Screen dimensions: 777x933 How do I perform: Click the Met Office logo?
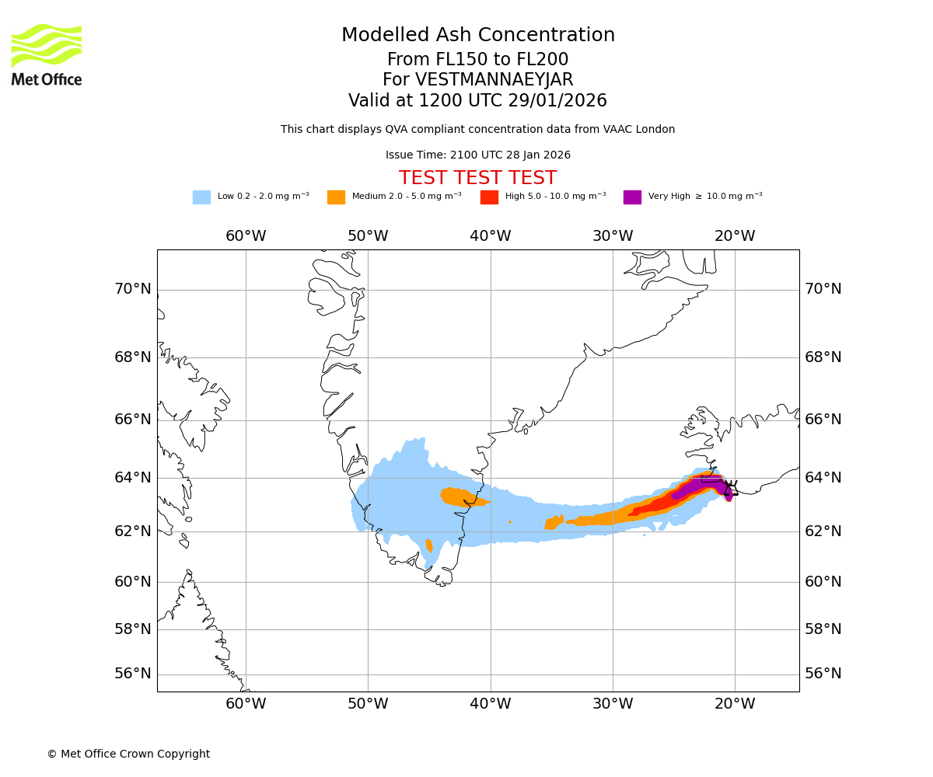click(x=47, y=54)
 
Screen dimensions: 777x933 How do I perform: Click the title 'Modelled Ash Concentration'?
click(x=478, y=35)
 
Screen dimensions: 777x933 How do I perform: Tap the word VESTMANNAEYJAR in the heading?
click(x=494, y=80)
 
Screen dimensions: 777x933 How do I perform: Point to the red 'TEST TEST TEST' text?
click(x=477, y=178)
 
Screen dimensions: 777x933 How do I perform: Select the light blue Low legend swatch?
click(x=201, y=197)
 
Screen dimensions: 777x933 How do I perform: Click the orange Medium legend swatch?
click(x=336, y=197)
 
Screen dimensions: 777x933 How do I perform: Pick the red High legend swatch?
click(x=489, y=197)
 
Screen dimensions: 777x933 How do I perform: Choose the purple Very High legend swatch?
click(x=632, y=197)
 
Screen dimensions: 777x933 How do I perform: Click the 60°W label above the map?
click(x=246, y=236)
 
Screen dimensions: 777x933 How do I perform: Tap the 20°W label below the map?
click(x=735, y=704)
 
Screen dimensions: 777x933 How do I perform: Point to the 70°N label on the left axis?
click(x=133, y=289)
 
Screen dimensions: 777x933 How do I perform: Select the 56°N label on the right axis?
click(x=823, y=674)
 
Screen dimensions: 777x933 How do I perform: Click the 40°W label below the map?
click(x=491, y=704)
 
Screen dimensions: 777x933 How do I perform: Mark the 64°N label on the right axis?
click(x=823, y=477)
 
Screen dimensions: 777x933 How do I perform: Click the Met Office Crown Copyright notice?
click(x=128, y=754)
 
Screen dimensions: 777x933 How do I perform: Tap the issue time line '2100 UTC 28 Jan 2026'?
click(x=478, y=155)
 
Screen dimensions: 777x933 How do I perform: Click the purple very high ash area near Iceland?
click(x=700, y=486)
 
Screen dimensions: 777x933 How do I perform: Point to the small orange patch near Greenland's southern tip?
click(x=429, y=545)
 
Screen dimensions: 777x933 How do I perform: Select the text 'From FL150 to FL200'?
click(x=477, y=60)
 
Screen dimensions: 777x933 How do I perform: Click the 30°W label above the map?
click(x=613, y=236)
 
